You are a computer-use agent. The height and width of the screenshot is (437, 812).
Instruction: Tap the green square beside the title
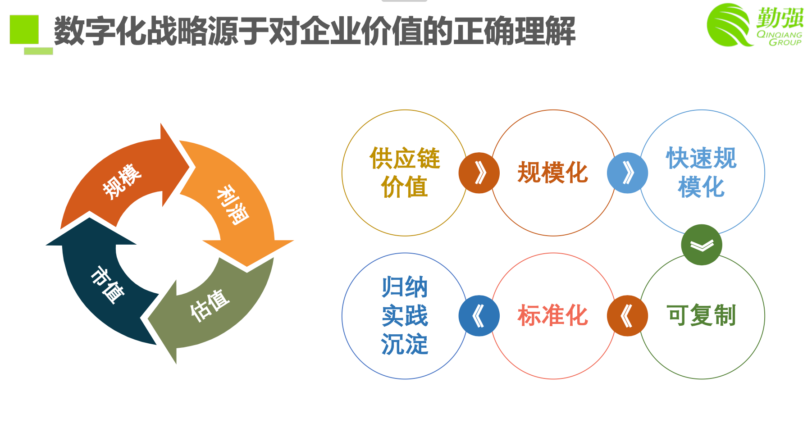click(24, 29)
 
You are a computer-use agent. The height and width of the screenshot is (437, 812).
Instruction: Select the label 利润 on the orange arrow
click(233, 205)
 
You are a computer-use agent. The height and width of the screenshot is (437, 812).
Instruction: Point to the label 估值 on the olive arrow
click(210, 305)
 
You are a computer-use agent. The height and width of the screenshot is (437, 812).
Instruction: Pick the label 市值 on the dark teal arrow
click(107, 285)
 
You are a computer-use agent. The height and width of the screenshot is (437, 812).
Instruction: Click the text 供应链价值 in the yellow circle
click(404, 173)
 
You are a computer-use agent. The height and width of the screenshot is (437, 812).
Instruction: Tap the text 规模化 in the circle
click(552, 173)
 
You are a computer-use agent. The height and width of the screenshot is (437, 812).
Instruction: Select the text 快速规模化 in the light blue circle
click(701, 173)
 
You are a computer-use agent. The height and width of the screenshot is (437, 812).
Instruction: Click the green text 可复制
click(701, 315)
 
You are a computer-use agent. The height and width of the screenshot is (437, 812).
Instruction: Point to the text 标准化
click(552, 315)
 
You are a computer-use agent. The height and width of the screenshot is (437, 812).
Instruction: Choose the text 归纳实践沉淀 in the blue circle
click(404, 315)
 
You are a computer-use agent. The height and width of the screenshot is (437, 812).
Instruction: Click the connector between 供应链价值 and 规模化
click(479, 173)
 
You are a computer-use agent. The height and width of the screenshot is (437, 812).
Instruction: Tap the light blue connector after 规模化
click(627, 173)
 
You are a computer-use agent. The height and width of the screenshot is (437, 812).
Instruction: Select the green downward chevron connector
click(701, 245)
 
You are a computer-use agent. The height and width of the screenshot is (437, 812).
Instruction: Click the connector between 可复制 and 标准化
click(627, 315)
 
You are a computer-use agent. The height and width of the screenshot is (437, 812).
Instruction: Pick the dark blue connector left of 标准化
click(479, 315)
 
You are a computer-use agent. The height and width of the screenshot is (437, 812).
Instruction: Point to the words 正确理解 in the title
click(514, 31)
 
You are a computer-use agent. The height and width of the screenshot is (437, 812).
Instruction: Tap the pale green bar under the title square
click(38, 51)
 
